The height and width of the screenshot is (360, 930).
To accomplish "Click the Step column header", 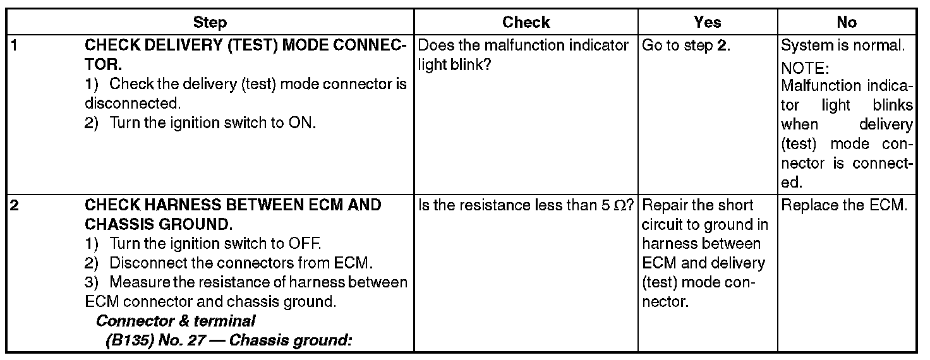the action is click(210, 23).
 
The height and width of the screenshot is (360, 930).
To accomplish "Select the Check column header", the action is click(526, 23).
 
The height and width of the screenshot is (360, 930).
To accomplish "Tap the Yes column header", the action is click(707, 23).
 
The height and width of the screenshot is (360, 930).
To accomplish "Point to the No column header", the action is click(846, 23).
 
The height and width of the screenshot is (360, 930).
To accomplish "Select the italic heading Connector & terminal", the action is click(176, 321).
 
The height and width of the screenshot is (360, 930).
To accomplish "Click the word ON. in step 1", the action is click(302, 123).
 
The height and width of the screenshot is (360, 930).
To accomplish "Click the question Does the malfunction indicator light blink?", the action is click(524, 56).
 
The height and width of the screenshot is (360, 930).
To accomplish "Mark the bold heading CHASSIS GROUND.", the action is click(156, 224).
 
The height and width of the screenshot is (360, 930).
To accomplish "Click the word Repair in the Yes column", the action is click(663, 205).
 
